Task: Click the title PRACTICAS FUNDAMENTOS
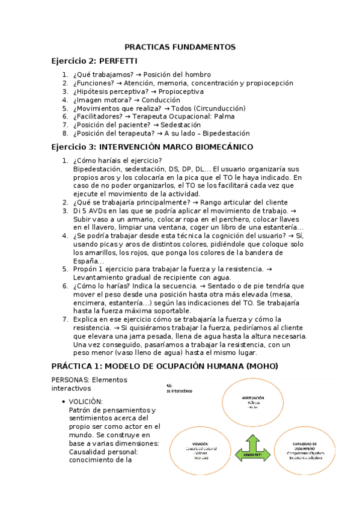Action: (x=180, y=47)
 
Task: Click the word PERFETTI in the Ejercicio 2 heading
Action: (x=118, y=61)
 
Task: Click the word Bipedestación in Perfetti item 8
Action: (x=226, y=134)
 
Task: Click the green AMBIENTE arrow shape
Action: (x=252, y=453)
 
